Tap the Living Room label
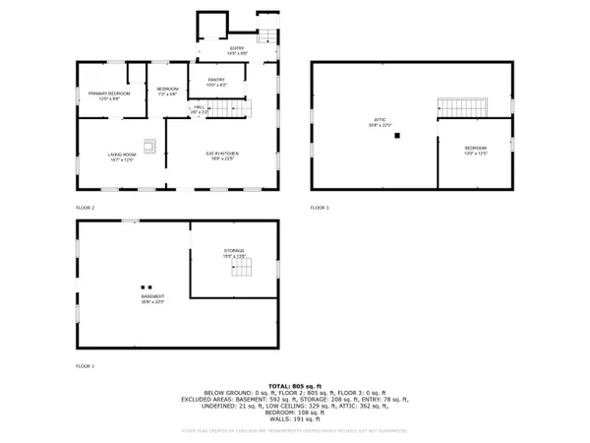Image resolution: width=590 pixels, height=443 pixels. (123, 157)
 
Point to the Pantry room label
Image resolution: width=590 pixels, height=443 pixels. (215, 83)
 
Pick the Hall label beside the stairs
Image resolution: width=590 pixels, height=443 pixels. (200, 109)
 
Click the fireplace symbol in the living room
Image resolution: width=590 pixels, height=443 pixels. (148, 147)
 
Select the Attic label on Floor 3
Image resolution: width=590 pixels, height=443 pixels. (379, 123)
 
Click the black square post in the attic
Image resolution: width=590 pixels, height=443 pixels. (397, 137)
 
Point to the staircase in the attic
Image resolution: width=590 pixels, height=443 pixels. (463, 106)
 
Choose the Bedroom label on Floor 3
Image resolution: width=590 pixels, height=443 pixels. (476, 151)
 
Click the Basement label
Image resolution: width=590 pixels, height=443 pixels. (151, 298)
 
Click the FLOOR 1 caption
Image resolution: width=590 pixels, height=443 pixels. (86, 365)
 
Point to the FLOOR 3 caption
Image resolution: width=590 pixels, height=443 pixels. (320, 208)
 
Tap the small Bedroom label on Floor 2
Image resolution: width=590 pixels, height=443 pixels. (166, 92)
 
